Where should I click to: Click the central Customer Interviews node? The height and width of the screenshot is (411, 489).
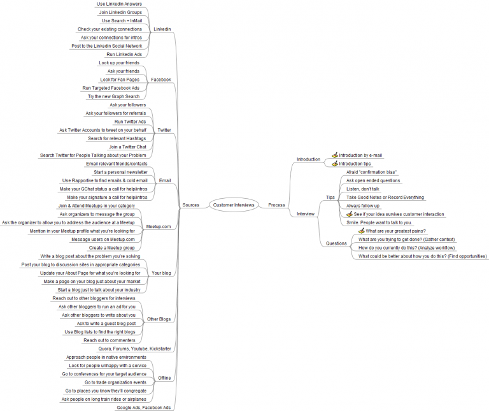pos(234,205)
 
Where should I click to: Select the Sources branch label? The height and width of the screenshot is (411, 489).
pos(190,205)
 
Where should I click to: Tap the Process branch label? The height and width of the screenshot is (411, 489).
pos(276,205)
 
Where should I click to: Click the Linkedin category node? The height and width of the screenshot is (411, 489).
pos(162,29)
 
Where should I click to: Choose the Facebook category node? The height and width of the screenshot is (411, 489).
pos(161,80)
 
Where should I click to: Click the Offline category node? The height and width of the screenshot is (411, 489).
pos(164,378)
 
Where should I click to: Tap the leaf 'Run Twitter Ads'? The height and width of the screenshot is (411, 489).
pos(130,121)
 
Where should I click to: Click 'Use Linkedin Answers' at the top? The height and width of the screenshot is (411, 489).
pos(119,4)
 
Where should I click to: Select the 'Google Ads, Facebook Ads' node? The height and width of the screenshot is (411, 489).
pos(143,407)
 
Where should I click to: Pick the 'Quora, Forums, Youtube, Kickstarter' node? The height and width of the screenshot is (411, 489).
pos(135,349)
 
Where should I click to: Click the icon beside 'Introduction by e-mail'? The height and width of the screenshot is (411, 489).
pos(335,155)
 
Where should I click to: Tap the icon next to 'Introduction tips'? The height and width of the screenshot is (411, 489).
pos(335,164)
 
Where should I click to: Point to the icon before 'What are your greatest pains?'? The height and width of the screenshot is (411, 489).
pos(362,231)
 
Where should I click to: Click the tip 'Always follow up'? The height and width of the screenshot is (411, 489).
pos(363,206)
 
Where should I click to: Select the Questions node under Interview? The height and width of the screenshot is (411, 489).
pos(336,243)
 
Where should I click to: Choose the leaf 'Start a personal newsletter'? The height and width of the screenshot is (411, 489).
pos(120,172)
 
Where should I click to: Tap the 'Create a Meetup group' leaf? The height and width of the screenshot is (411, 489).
pos(111,247)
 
